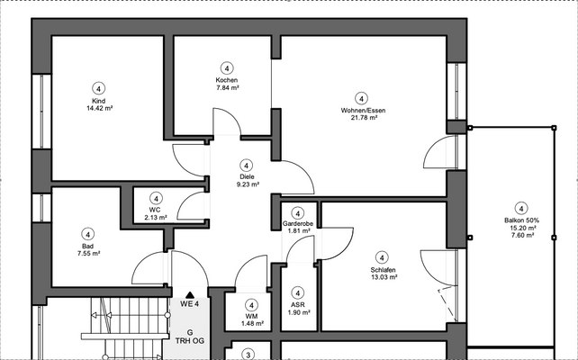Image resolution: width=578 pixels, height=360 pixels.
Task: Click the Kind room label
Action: point(99,100)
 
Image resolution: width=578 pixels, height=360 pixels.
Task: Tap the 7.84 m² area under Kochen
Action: point(226,88)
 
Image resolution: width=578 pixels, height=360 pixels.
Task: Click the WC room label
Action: point(155,210)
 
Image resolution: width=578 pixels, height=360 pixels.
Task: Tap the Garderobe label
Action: point(296,222)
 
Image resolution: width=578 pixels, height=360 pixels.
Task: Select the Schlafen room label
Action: point(383,269)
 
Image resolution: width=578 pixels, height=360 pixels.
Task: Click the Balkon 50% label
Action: point(520,220)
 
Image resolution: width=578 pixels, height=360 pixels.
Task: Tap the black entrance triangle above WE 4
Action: point(189,294)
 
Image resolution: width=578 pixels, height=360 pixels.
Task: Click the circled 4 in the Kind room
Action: point(99,87)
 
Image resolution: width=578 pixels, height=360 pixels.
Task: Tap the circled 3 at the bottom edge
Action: point(250,355)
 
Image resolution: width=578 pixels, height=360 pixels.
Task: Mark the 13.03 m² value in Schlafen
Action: point(383,276)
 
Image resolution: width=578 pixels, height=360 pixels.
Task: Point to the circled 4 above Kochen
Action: point(226,67)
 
